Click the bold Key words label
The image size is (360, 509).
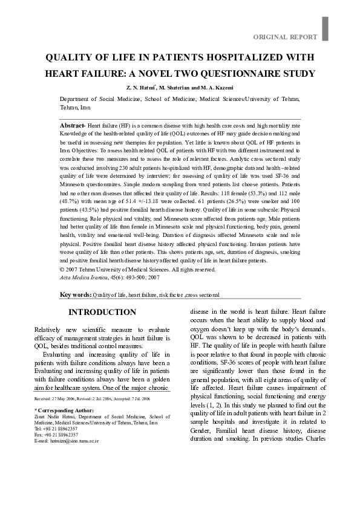point(76,295)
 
